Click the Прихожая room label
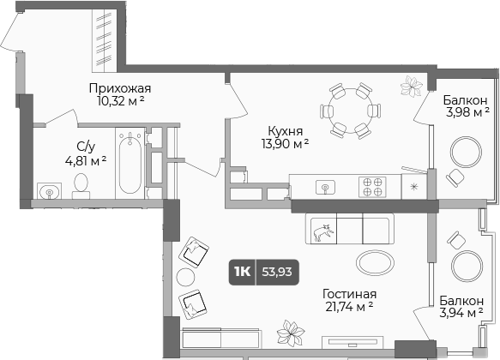[120, 87]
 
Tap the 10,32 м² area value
[120, 101]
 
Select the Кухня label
[284, 131]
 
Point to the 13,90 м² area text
[284, 145]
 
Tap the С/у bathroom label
[85, 146]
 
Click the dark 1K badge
[242, 273]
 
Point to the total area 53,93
[274, 273]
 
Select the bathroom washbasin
[45, 188]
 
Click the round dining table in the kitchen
[348, 110]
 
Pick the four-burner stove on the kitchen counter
[372, 186]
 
